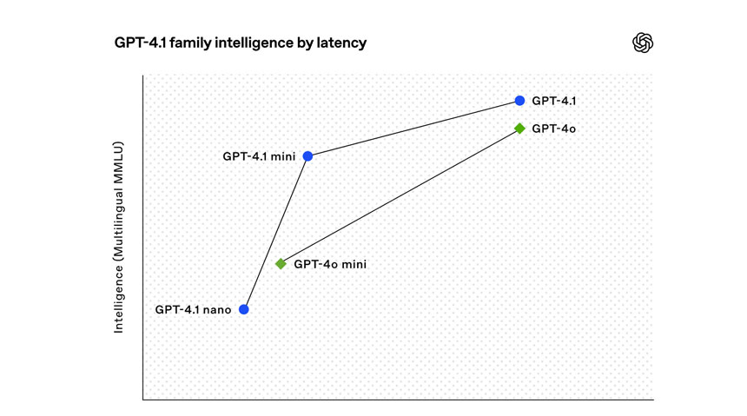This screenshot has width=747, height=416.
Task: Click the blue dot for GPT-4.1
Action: [x=519, y=101]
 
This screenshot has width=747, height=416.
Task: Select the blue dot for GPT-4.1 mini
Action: [x=307, y=156]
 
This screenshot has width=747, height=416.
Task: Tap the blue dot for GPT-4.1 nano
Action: [x=244, y=309]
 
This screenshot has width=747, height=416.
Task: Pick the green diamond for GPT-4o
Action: [x=519, y=129]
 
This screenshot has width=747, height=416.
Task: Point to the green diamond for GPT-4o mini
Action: [x=281, y=264]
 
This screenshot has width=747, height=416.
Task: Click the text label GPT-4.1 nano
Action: [x=193, y=309]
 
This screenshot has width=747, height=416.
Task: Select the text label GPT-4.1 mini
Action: [x=259, y=156]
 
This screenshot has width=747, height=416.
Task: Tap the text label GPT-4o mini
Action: [x=330, y=264]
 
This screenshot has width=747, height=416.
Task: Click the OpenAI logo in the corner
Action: [x=643, y=43]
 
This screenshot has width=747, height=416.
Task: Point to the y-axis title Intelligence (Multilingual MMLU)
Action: [x=121, y=236]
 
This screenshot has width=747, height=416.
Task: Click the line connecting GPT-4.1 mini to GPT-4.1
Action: [x=413, y=129]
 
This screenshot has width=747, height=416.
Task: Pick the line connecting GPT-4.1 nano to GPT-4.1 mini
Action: [x=275, y=233]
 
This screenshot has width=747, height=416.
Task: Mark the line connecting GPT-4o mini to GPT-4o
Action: [x=400, y=196]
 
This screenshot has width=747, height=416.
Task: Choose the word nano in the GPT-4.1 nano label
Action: [x=217, y=309]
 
